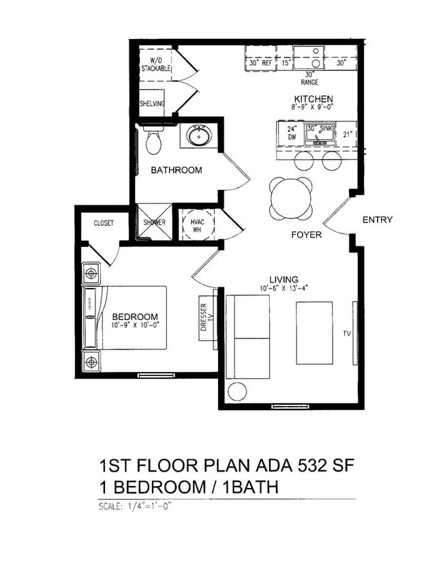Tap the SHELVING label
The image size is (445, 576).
[x=152, y=104]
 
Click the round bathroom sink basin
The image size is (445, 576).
[x=200, y=136]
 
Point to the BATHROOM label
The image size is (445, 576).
[x=177, y=170]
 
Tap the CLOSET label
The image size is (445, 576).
[x=104, y=223]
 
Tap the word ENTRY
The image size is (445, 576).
[x=377, y=220]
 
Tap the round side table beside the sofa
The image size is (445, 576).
[x=237, y=391]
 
